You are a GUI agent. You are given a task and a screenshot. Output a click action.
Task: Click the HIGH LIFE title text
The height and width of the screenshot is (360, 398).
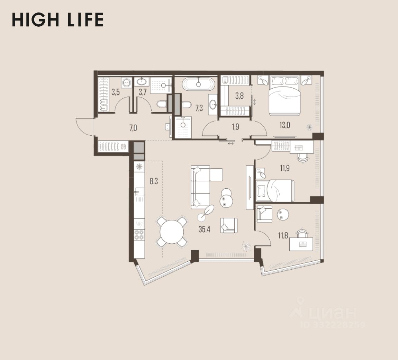57,20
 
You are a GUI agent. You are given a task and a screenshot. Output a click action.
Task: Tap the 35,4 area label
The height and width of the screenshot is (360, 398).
204,229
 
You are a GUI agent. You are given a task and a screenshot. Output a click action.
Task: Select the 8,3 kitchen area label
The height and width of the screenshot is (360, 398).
154,181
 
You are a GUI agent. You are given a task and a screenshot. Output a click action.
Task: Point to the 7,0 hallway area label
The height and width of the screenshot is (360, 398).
133,128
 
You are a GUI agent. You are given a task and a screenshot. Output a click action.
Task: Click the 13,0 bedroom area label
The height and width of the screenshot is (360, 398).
285,125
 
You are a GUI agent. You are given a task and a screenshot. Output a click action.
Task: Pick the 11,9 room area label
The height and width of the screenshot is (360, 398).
285,168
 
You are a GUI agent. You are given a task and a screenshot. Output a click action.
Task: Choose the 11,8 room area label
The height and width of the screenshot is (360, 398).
283,236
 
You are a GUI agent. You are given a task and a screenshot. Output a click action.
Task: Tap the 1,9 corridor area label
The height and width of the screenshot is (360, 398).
235,127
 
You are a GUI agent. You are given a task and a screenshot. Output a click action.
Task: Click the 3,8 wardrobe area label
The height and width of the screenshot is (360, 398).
239,96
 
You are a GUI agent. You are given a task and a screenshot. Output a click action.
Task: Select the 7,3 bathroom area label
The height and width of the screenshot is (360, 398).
199,108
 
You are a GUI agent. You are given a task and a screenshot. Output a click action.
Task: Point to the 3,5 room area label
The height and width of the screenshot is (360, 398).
116,92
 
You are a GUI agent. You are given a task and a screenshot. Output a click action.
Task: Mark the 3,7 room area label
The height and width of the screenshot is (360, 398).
143,92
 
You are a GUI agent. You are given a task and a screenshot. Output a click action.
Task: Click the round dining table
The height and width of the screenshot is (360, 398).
172,232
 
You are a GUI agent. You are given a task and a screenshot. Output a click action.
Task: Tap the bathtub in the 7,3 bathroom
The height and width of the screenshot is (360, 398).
199,83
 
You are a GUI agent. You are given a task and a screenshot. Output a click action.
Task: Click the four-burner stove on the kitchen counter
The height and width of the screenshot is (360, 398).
139,235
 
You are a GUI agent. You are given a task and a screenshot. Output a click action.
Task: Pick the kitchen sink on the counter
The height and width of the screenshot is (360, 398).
139,191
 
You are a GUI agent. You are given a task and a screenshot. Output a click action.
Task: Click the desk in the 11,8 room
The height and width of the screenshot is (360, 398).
301,244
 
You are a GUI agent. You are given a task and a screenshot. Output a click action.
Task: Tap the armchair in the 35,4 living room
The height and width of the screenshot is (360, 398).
229,225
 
